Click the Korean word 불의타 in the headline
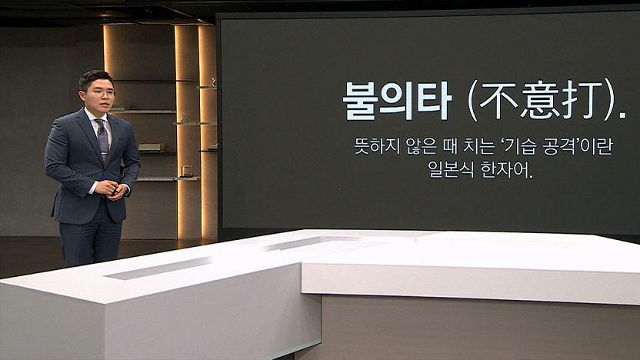coord(397,101)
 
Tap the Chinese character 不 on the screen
coord(498,100)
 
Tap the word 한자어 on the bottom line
coord(505,169)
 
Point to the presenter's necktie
coord(102,138)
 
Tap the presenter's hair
coord(95,78)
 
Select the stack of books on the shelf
coord(152,148)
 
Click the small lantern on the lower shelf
coord(186,171)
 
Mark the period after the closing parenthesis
coord(622,116)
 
